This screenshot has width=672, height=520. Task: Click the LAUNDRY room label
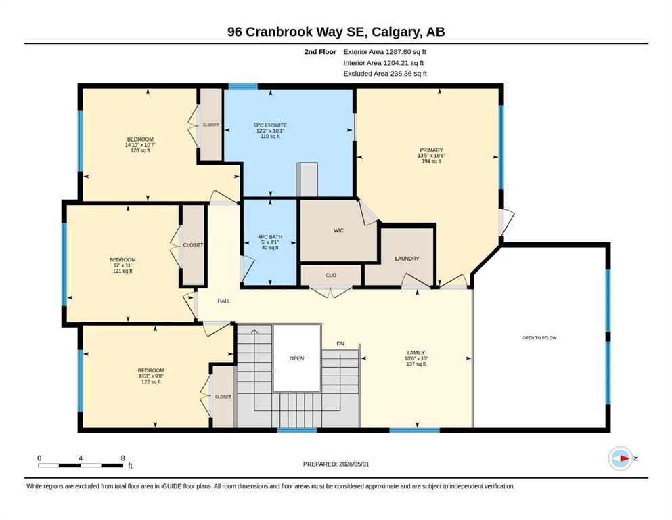click(x=407, y=259)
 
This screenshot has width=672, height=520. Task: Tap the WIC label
click(x=338, y=231)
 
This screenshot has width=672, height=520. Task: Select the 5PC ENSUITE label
click(x=270, y=125)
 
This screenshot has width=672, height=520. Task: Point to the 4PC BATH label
click(x=270, y=237)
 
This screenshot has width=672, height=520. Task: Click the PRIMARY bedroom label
click(x=431, y=150)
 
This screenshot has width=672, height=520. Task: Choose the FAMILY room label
click(x=416, y=353)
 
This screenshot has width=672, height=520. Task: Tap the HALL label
click(x=224, y=301)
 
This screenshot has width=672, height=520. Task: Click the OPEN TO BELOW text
click(x=539, y=338)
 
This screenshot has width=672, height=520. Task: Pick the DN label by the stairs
click(x=340, y=344)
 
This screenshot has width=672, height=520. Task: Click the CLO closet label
click(x=331, y=275)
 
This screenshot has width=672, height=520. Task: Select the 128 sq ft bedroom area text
click(x=140, y=150)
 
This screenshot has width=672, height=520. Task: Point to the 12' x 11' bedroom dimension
click(x=122, y=265)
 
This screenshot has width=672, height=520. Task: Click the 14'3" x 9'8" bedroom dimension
click(x=151, y=376)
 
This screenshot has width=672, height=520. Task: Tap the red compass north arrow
click(x=625, y=458)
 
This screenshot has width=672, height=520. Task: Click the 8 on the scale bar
click(x=122, y=458)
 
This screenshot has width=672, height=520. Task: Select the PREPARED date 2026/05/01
click(x=354, y=464)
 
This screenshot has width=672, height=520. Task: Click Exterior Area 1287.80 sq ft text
click(x=385, y=52)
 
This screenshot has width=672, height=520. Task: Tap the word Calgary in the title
click(x=396, y=32)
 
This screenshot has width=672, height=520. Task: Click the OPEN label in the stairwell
click(x=296, y=358)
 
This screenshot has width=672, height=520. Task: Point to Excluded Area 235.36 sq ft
click(x=385, y=74)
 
